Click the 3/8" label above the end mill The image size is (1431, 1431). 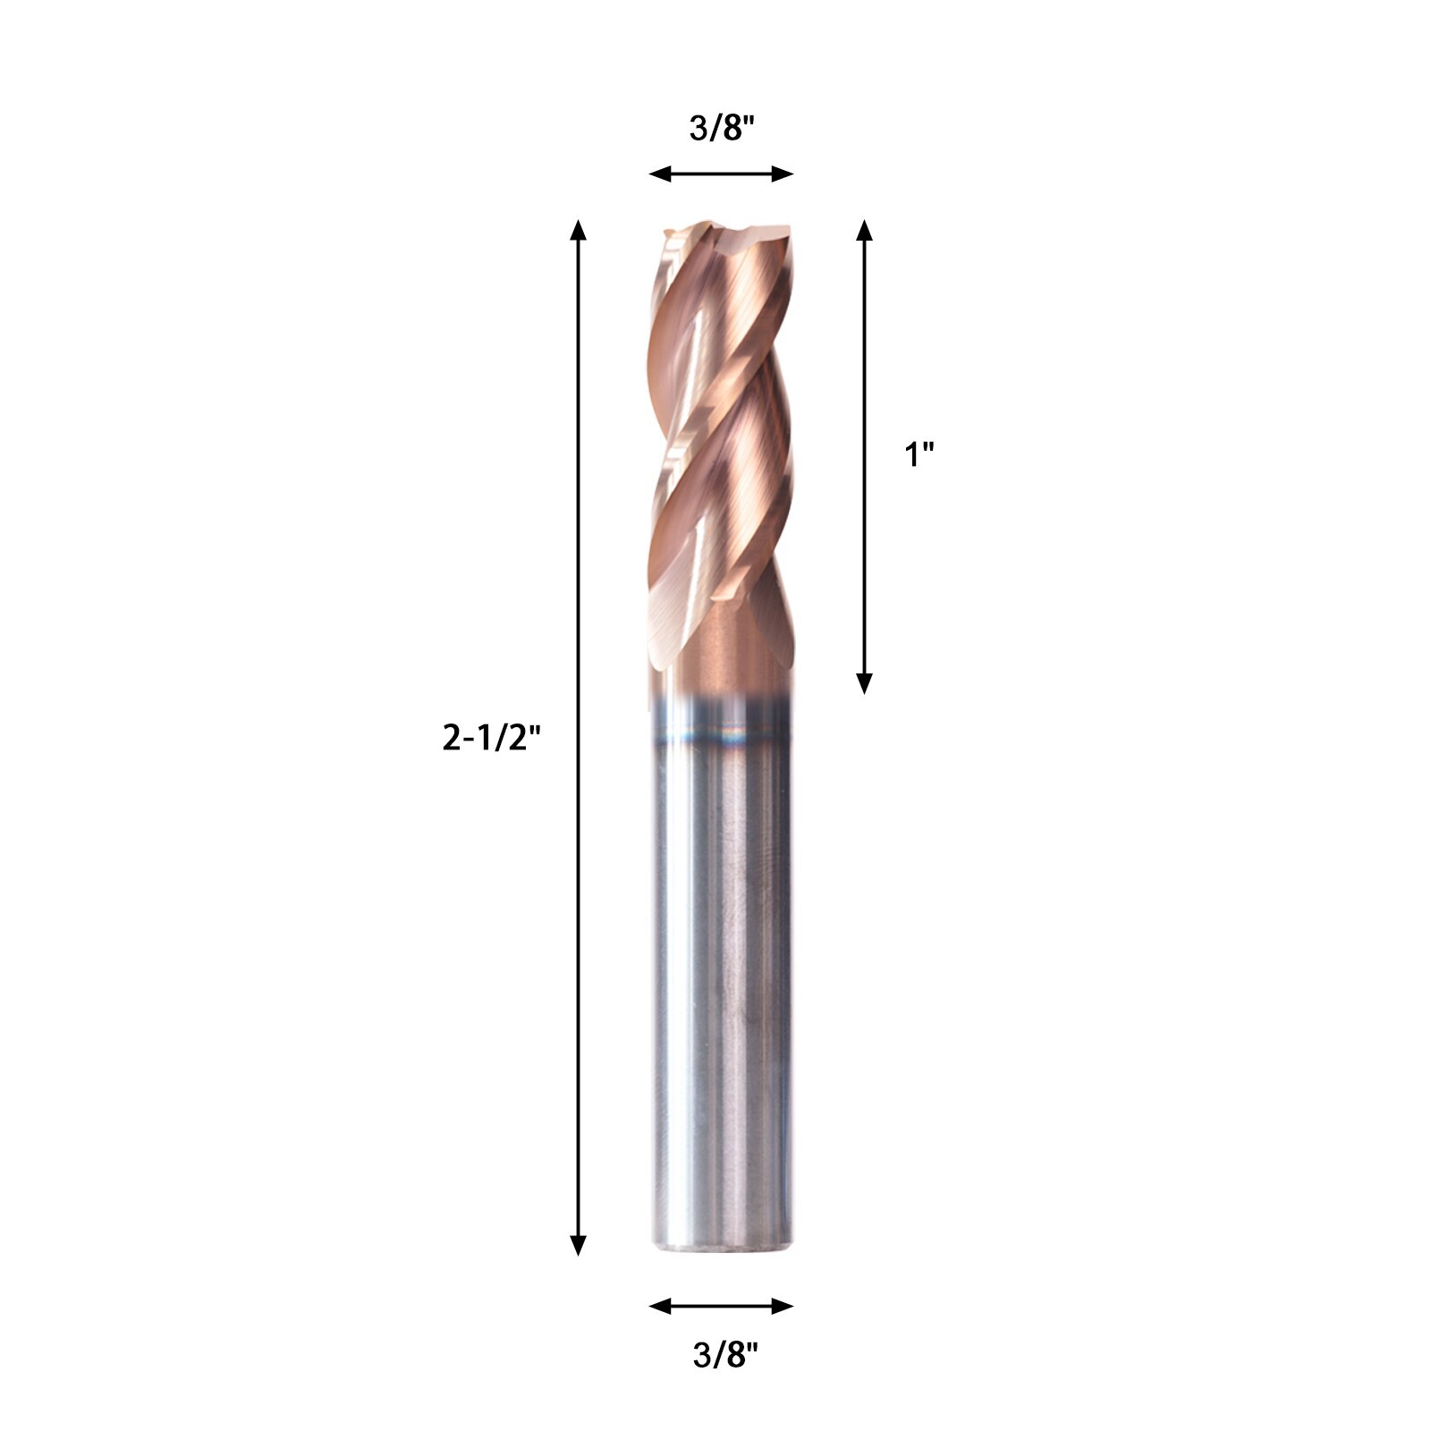(723, 129)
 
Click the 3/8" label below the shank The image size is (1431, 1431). (725, 1356)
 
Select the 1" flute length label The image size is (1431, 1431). (919, 455)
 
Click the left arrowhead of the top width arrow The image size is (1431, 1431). (659, 174)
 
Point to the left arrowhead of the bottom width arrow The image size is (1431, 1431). (659, 1307)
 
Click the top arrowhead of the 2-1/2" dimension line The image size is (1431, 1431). (579, 229)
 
